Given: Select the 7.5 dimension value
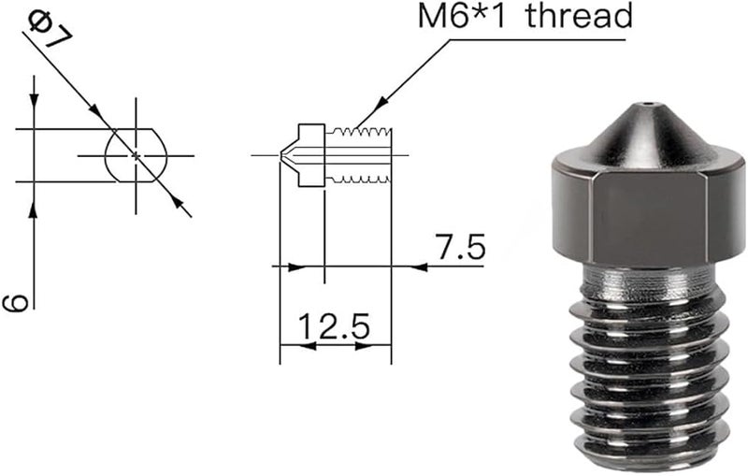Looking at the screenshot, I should (x=460, y=248).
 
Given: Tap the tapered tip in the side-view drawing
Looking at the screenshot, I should (x=288, y=154).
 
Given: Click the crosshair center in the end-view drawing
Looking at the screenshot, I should (x=137, y=154).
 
